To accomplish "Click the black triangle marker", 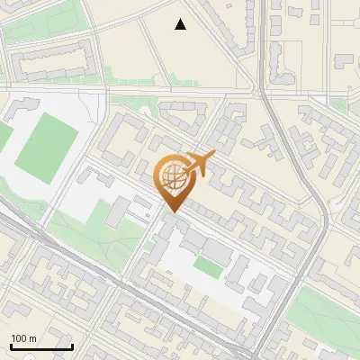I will [x=181, y=24].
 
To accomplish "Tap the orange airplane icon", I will [x=199, y=165].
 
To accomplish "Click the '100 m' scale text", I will [x=23, y=338].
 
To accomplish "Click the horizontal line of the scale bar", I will [x=40, y=346].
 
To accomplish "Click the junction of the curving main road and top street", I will [x=263, y=91].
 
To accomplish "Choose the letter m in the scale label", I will [x=33, y=339].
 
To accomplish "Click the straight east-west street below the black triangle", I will [x=180, y=91].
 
